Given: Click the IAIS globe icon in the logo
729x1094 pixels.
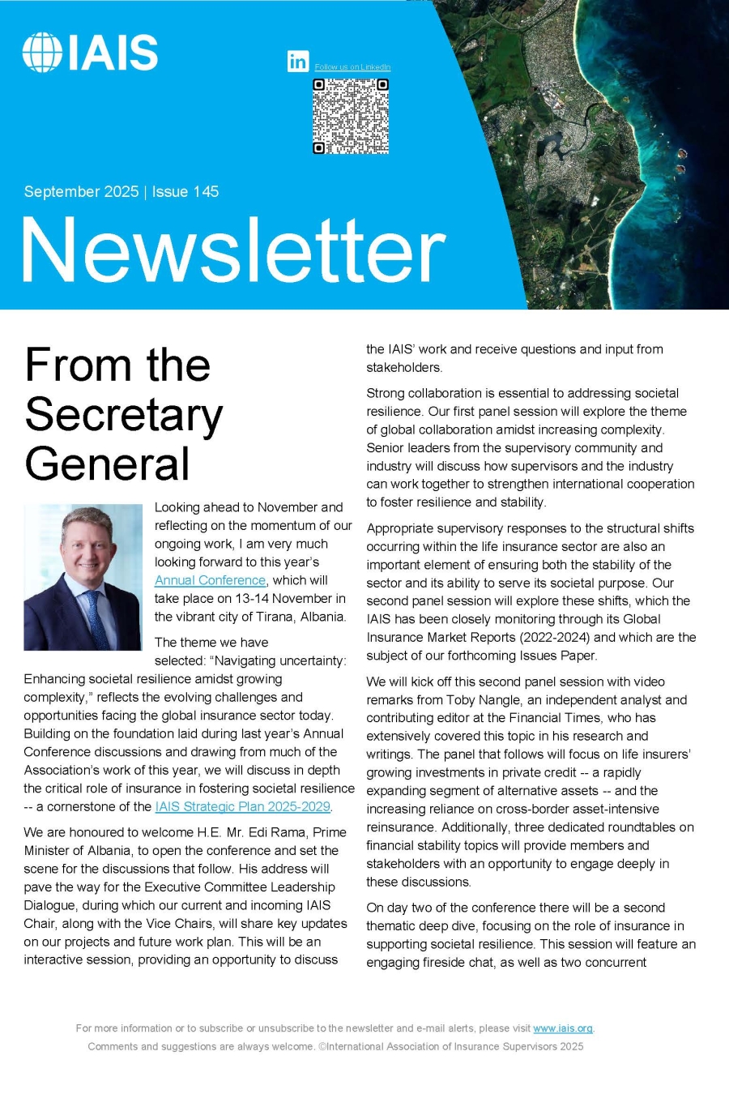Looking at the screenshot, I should pos(42,53).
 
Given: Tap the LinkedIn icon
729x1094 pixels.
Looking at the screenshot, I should pos(298,61).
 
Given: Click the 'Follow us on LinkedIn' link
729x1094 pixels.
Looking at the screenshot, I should pos(352,67).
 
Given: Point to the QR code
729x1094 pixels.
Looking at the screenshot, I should pos(351,116).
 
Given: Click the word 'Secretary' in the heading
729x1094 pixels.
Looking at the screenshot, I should pos(124,415).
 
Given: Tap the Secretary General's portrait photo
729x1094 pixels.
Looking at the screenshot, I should pos(83,577).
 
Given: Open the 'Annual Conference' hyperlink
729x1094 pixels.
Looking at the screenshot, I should pos(210,580).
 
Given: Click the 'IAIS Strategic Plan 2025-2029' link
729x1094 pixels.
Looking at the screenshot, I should pos(242,806).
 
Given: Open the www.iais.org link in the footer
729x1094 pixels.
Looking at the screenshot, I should pos(563,1028).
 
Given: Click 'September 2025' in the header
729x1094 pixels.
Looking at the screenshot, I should pos(81,192).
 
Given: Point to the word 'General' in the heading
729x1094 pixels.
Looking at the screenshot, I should pos(107,464).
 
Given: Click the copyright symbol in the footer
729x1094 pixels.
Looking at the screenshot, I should pos(322,1046).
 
